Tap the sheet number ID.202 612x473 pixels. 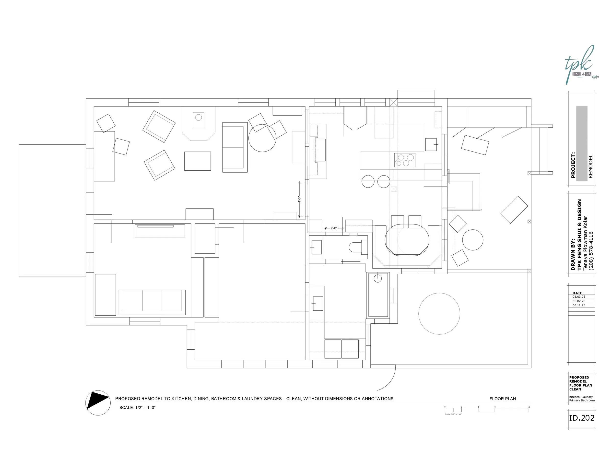coord(581,418)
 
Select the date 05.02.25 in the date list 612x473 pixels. coord(579,301)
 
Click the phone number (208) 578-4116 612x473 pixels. coord(591,250)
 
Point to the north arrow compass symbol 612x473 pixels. coord(98,403)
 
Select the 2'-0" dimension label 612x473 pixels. coord(334,228)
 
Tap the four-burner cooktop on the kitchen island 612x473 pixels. coord(405,160)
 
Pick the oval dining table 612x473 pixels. coord(407,240)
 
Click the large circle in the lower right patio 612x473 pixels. coord(439,314)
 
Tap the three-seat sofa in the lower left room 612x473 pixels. coord(152,302)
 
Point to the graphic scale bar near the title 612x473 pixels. coord(486,409)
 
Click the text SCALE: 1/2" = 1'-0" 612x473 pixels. coord(137,407)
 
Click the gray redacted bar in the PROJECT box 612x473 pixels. coord(582,143)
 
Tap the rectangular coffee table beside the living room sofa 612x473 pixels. coord(197,161)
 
